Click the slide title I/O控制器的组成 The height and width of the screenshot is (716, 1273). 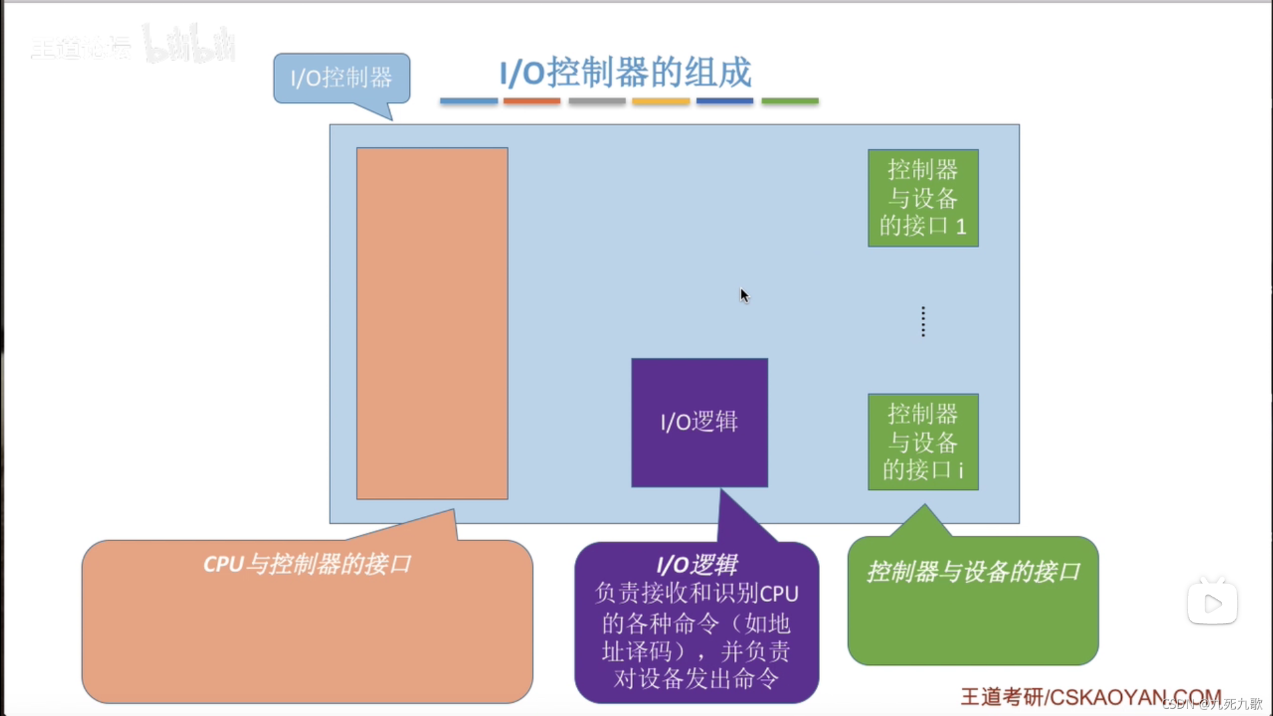pos(625,72)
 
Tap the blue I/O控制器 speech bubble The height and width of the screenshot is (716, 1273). pos(341,78)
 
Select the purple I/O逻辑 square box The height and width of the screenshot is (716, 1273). pos(699,422)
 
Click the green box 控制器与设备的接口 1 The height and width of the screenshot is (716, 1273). pos(923,198)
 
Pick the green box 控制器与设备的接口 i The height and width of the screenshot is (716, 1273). pos(923,442)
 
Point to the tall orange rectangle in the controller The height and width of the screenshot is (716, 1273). pos(432,323)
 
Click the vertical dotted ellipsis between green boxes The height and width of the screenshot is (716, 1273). pos(923,322)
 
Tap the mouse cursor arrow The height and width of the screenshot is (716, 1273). pos(745,295)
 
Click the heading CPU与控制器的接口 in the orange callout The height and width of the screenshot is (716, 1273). pos(307,564)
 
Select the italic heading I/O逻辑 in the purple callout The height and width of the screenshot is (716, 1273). pos(697,565)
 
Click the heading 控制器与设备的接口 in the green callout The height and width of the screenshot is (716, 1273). pos(973,571)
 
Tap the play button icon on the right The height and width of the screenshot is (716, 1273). pos(1212,603)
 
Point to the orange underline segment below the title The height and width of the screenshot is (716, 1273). pos(532,101)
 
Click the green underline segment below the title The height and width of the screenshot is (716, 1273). pos(790,101)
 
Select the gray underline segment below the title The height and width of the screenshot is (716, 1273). pos(597,101)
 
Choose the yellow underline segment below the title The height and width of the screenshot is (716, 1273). pos(660,101)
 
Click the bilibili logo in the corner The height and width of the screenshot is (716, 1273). pos(189,45)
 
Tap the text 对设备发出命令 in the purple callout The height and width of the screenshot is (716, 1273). pos(696,679)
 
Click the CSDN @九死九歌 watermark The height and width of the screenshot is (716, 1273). pos(1213,704)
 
